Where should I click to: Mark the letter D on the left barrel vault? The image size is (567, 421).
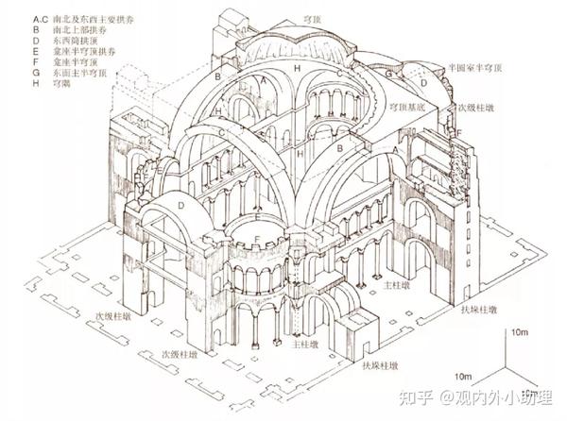pyautogui.click(x=180, y=205)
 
